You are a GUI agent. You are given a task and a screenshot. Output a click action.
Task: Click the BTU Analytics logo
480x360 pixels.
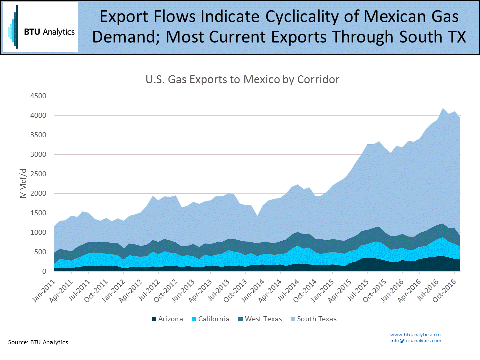40,28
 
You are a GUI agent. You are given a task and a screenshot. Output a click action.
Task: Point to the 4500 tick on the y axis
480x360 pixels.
38,96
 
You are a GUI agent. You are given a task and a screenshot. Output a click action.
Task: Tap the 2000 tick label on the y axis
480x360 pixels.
38,194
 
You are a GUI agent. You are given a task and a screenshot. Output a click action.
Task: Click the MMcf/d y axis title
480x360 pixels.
23,184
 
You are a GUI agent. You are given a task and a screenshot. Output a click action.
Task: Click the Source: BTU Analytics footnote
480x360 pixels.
38,342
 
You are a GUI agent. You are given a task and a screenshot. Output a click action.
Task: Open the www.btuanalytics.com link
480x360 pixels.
415,334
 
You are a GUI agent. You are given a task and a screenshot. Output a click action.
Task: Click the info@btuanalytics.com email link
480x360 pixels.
415,340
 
